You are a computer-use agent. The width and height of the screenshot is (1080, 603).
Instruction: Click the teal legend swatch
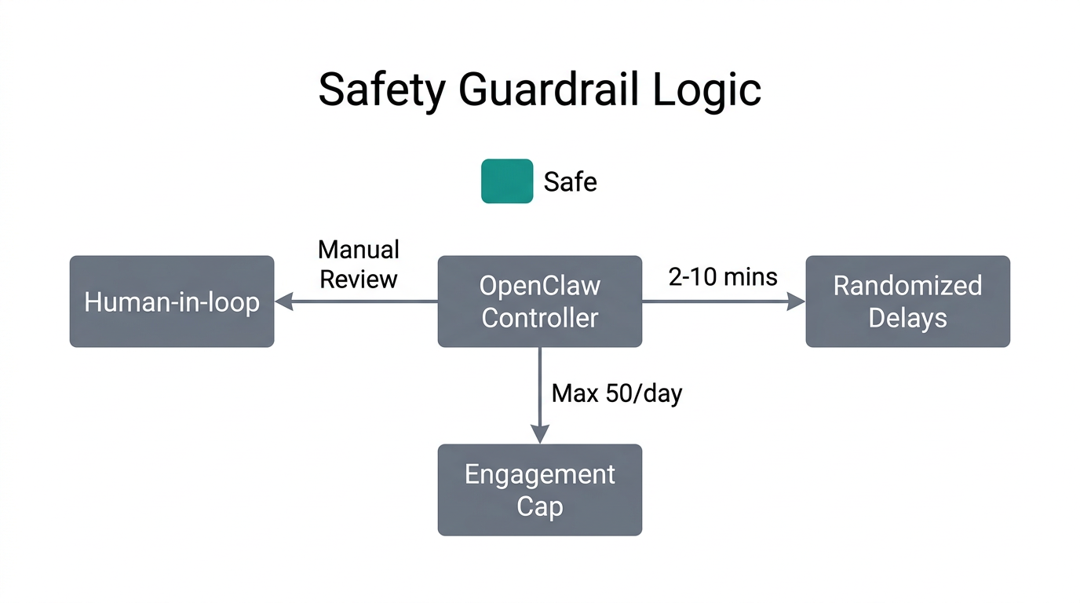click(x=507, y=181)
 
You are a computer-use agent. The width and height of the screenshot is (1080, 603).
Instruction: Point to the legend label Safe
click(x=570, y=182)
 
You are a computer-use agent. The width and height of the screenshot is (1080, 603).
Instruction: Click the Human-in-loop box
click(x=172, y=301)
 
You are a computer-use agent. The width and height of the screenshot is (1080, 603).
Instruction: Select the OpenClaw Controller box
click(x=540, y=301)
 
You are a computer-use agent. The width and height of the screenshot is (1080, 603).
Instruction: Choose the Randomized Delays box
click(x=907, y=301)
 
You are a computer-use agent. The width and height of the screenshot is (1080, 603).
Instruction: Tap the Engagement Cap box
click(x=540, y=490)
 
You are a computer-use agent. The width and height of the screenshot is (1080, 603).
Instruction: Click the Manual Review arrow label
click(x=359, y=265)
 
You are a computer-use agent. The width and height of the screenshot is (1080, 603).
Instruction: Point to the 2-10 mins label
click(x=723, y=276)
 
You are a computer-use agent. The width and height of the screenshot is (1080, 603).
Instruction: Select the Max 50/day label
click(x=617, y=393)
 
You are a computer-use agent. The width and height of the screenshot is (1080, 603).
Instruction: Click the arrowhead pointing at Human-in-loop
click(x=283, y=301)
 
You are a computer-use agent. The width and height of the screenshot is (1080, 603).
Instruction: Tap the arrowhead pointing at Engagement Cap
click(x=540, y=434)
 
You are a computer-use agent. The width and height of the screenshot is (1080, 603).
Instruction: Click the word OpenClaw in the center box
click(x=540, y=286)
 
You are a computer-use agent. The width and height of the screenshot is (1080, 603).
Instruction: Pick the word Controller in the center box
click(x=540, y=318)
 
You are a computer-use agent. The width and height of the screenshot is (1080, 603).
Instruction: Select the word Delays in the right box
click(x=907, y=318)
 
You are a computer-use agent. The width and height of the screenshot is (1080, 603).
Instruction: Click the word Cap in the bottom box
click(x=540, y=506)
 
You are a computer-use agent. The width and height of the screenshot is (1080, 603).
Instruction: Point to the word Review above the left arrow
click(x=359, y=279)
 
